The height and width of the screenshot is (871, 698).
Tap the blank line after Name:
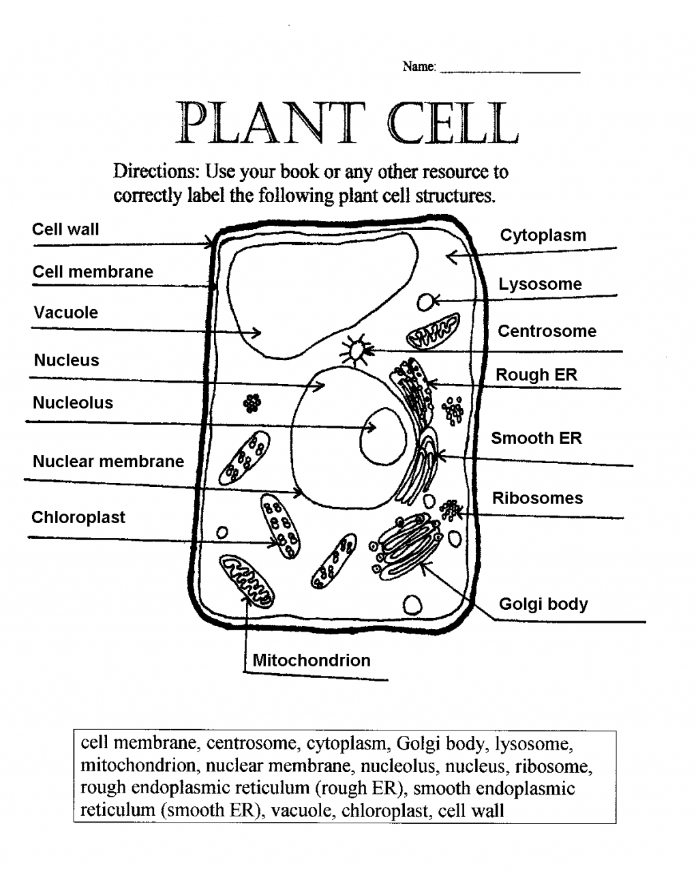(510, 69)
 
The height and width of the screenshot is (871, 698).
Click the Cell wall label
(65, 229)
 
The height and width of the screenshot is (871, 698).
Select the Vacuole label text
(66, 313)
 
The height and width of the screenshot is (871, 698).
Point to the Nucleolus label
(73, 403)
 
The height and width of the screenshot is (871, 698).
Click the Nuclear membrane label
(108, 462)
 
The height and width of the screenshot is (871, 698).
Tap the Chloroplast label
(78, 518)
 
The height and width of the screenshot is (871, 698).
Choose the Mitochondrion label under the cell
(312, 660)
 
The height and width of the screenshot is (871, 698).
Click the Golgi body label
(543, 604)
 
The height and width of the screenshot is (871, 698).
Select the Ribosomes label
(538, 499)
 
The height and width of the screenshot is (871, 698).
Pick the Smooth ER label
(536, 439)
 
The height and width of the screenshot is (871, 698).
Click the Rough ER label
(536, 375)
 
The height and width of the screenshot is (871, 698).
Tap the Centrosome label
(547, 331)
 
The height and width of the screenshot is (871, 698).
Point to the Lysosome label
(540, 284)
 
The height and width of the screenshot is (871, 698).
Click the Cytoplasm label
(543, 235)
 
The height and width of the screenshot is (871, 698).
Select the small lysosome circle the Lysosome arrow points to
(426, 301)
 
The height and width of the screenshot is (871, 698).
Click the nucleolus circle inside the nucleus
(382, 436)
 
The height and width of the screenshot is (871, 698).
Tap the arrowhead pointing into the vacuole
(257, 333)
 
